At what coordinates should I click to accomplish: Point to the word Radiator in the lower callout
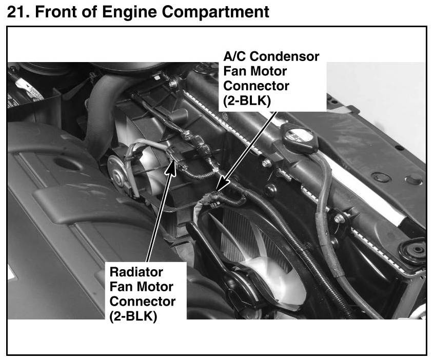pyautogui.click(x=136, y=272)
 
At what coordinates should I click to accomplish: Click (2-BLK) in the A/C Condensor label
pyautogui.click(x=248, y=101)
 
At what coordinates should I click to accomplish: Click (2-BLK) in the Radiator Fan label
pyautogui.click(x=134, y=316)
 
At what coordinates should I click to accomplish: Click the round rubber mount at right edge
pyautogui.click(x=413, y=250)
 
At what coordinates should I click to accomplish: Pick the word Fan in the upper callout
pyautogui.click(x=233, y=71)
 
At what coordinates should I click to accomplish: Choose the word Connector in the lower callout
pyautogui.click(x=143, y=302)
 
